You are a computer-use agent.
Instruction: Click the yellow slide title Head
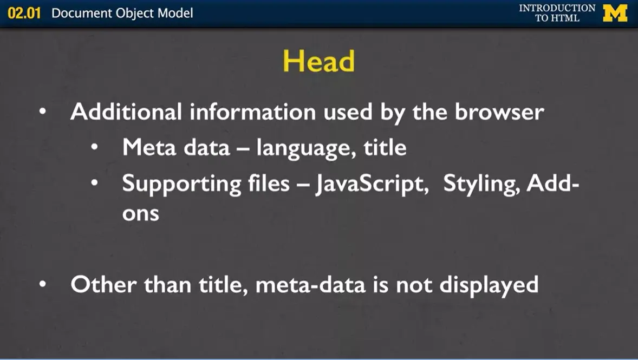pos(318,61)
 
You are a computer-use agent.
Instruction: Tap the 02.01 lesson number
pos(24,14)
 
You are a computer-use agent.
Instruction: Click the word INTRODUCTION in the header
pos(557,8)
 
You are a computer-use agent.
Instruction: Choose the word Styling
pos(481,184)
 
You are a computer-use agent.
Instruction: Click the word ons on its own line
pos(140,213)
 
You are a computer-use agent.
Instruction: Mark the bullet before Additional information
pos(43,113)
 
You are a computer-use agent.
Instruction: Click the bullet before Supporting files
pos(95,184)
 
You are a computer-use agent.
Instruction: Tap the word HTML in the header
pos(565,18)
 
